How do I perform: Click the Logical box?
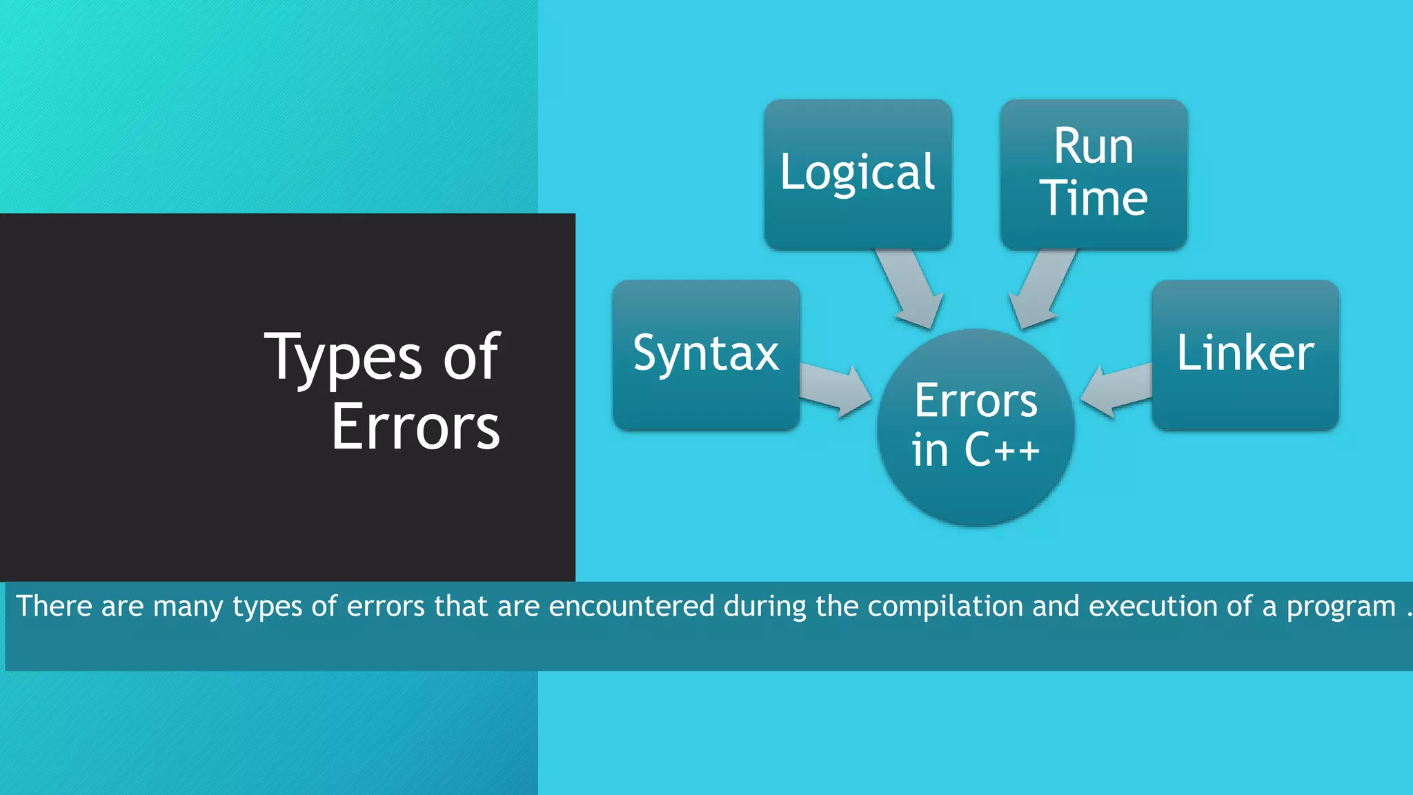pyautogui.click(x=858, y=174)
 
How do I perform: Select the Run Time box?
pyautogui.click(x=1094, y=174)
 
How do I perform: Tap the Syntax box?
pyautogui.click(x=706, y=355)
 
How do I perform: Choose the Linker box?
pyautogui.click(x=1245, y=355)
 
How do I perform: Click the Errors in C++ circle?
pyautogui.click(x=976, y=428)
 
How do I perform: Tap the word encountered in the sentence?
pyautogui.click(x=631, y=607)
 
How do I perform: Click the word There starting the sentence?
pyautogui.click(x=54, y=607)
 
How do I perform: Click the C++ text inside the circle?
pyautogui.click(x=1002, y=450)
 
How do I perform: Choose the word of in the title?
pyautogui.click(x=471, y=357)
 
